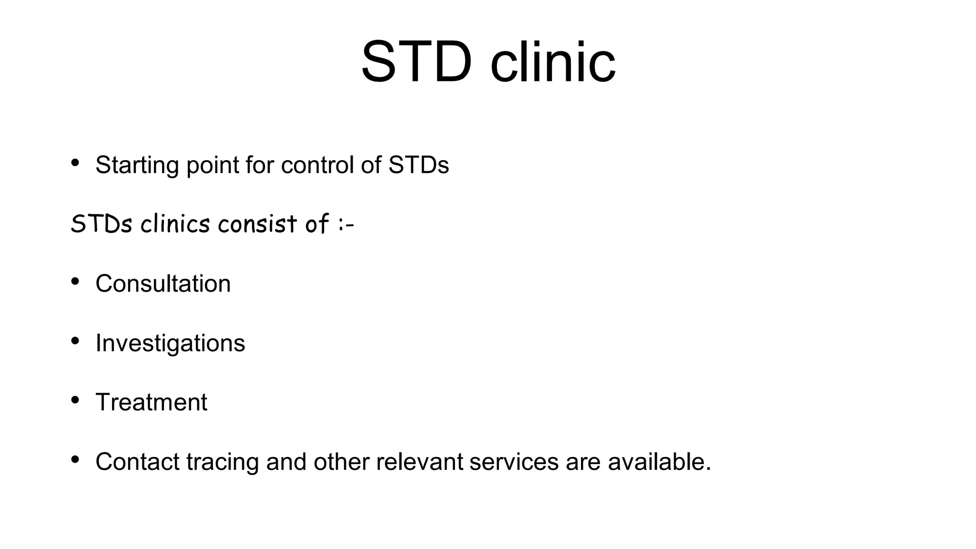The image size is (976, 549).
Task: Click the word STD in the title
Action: tap(416, 62)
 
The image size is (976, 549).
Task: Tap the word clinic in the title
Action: tap(553, 62)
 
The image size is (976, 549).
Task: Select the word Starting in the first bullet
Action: tap(137, 165)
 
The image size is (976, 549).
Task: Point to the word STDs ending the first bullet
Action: tap(418, 165)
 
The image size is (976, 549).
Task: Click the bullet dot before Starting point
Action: tap(75, 163)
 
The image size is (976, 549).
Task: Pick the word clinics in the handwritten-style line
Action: tap(175, 224)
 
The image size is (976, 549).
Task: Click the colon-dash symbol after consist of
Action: tap(346, 224)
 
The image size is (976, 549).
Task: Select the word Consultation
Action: tap(163, 284)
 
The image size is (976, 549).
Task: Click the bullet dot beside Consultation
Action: tap(75, 281)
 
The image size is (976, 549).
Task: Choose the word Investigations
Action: tap(170, 343)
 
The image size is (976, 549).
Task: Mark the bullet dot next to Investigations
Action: tap(75, 341)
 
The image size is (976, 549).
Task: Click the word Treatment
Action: tap(151, 402)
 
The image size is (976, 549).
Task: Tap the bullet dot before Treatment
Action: tap(75, 400)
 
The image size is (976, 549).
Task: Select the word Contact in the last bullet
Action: tap(138, 462)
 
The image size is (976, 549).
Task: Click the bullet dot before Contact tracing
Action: tap(75, 459)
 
